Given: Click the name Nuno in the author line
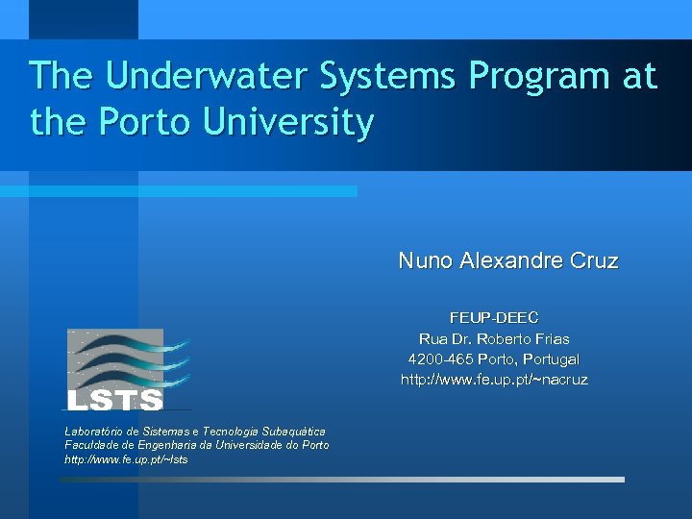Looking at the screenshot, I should [x=426, y=260].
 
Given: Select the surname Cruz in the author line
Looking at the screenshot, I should [x=592, y=260].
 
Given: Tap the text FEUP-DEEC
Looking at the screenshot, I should [x=494, y=317].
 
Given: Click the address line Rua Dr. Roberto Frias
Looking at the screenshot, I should [x=494, y=338].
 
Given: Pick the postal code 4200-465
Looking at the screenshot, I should [x=439, y=359].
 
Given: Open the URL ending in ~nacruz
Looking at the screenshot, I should [x=494, y=380].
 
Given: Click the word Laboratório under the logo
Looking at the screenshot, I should [x=95, y=432].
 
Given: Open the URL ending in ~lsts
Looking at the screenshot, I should [x=126, y=459].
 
